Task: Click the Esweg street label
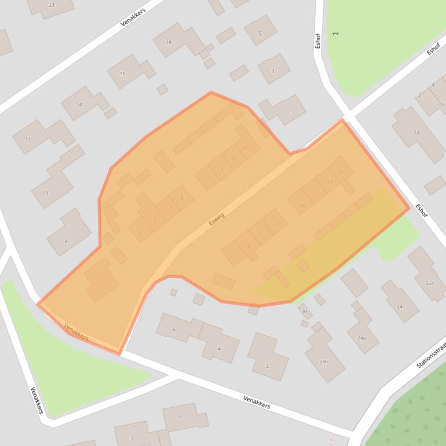coord(216,219)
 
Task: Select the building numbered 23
coord(52,5)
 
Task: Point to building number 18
coord(169,42)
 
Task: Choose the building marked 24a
coord(361,337)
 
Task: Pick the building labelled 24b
coord(323,361)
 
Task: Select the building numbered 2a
coord(416,133)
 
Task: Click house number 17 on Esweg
coord(245,148)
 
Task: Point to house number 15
coord(234,158)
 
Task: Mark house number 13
coord(220,169)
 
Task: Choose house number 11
coord(206,177)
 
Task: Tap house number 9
coord(182,198)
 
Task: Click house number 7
coord(171,207)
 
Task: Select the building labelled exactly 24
coord(400,306)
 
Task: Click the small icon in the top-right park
coord(335,34)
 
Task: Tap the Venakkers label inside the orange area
coord(76,331)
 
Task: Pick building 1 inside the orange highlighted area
coord(103,282)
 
